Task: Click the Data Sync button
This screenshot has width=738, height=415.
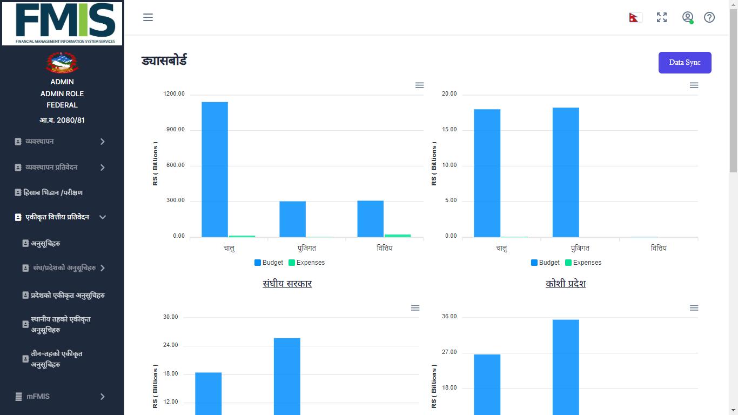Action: pyautogui.click(x=685, y=63)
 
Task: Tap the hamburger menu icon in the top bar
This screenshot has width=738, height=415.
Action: pyautogui.click(x=148, y=17)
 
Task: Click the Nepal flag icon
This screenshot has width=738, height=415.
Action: pyautogui.click(x=634, y=17)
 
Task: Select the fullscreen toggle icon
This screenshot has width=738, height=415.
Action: pyautogui.click(x=662, y=17)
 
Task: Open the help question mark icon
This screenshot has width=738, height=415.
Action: pyautogui.click(x=709, y=17)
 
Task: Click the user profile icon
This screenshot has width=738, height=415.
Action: pyautogui.click(x=687, y=17)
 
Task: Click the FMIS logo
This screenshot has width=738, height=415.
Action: pyautogui.click(x=62, y=23)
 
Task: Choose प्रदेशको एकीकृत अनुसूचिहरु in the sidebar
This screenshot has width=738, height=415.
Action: pyautogui.click(x=67, y=295)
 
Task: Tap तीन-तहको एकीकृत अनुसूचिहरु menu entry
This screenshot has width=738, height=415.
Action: pyautogui.click(x=56, y=359)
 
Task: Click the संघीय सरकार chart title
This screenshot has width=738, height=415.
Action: pyautogui.click(x=287, y=284)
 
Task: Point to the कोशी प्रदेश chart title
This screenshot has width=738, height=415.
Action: pyautogui.click(x=566, y=284)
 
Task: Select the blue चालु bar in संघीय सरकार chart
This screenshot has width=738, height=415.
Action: pyautogui.click(x=214, y=169)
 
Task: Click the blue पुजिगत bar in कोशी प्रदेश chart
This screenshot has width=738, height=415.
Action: pyautogui.click(x=566, y=172)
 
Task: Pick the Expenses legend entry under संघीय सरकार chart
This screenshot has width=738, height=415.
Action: pyautogui.click(x=307, y=263)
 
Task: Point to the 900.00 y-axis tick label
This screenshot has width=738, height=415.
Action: pyautogui.click(x=175, y=130)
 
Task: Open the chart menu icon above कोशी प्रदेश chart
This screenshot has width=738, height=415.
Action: pyautogui.click(x=694, y=85)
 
